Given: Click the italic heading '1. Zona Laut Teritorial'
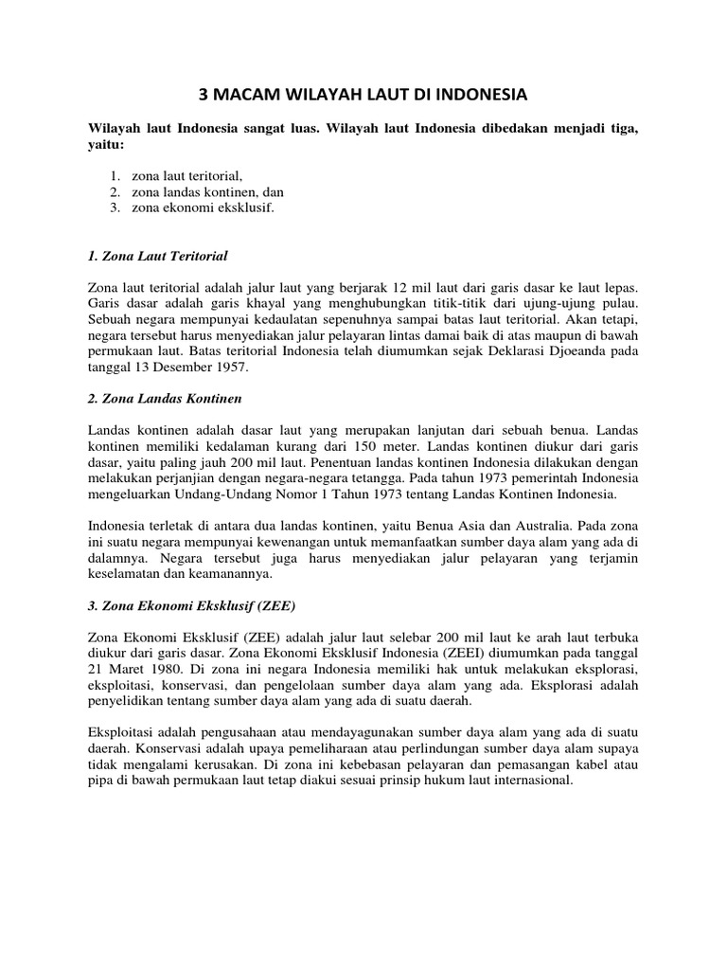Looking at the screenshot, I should click(158, 256).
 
